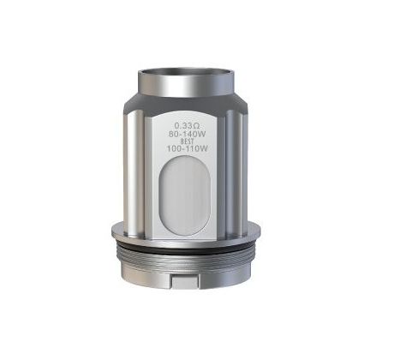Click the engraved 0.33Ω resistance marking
tap(187, 126)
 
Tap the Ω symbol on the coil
tap(196, 126)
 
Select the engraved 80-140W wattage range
tap(187, 134)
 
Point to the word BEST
tap(187, 141)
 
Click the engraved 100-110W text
tap(187, 149)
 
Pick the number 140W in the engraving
tap(196, 134)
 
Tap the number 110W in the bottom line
tap(197, 149)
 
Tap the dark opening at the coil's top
tap(187, 72)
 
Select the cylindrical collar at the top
tap(187, 82)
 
